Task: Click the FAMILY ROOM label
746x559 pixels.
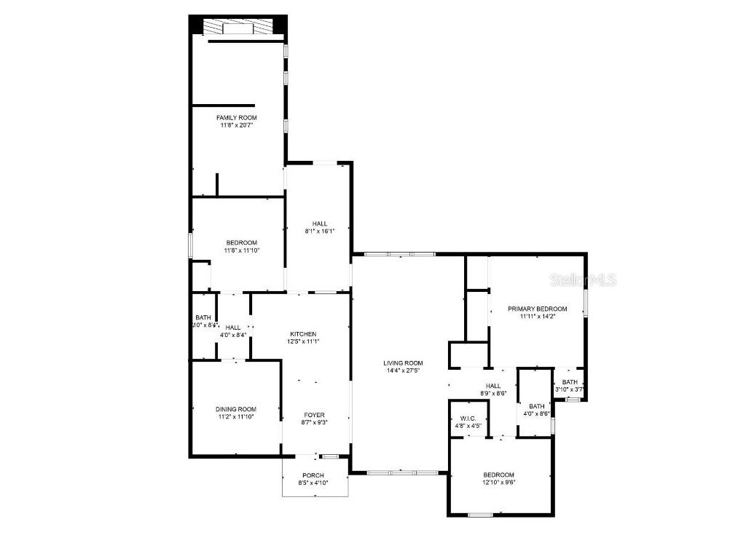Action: click(x=237, y=117)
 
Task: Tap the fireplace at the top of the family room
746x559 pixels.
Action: click(x=237, y=28)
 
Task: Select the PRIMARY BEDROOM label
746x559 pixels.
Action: click(x=538, y=309)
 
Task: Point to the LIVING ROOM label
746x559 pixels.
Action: click(x=403, y=362)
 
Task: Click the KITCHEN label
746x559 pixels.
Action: click(x=303, y=333)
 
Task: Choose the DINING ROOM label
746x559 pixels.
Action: click(x=236, y=409)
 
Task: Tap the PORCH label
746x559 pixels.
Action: click(x=313, y=475)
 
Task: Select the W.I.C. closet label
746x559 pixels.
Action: click(x=469, y=419)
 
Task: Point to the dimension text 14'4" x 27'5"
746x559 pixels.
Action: click(x=403, y=370)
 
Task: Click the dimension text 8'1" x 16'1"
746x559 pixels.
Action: click(x=319, y=231)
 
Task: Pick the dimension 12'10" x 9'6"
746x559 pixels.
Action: click(x=498, y=482)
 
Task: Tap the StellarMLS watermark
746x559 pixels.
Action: click(x=584, y=279)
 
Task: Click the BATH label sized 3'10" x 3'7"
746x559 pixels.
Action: click(x=570, y=382)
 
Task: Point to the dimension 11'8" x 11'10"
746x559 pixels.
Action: click(x=241, y=250)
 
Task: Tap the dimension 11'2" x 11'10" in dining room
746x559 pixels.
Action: click(x=236, y=417)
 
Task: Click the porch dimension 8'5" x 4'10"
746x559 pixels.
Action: click(x=313, y=483)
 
